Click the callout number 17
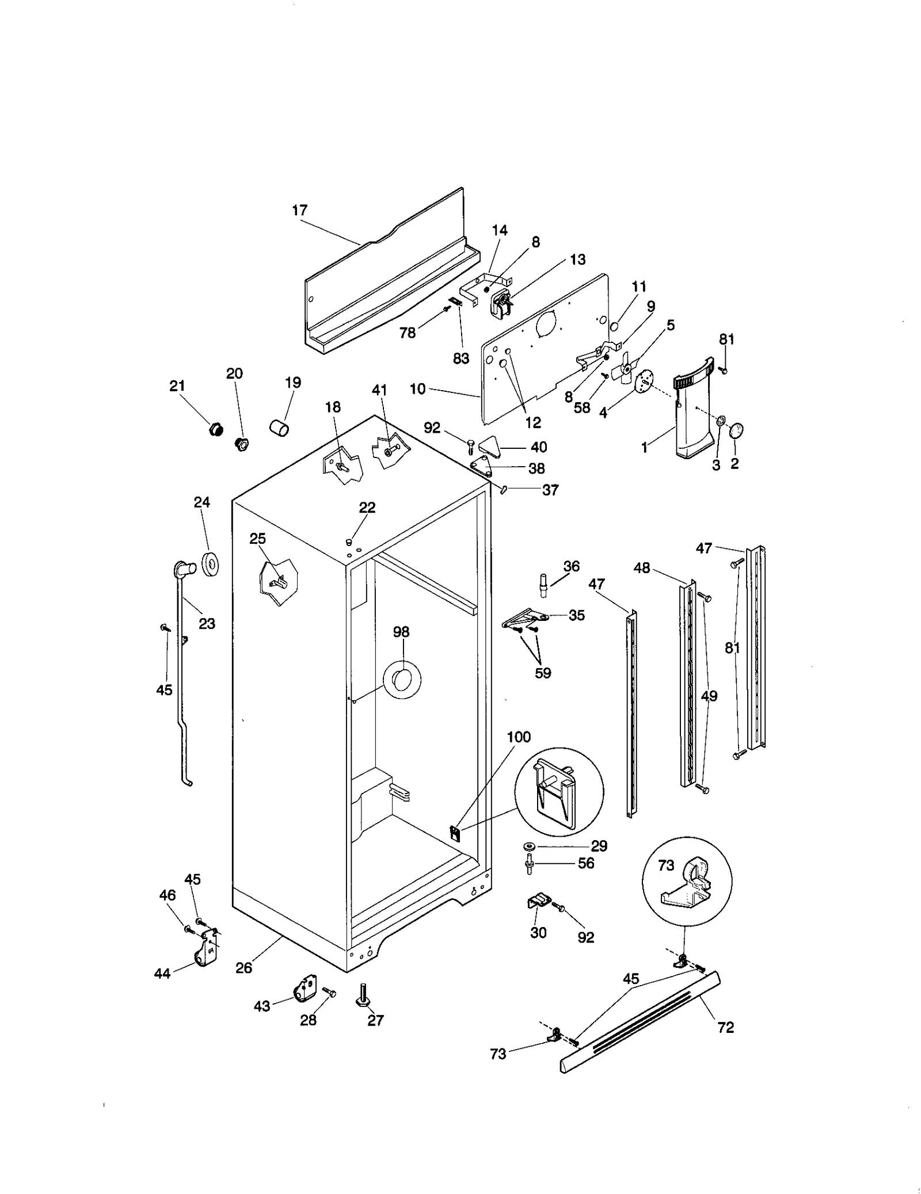click(300, 211)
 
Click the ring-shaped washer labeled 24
click(211, 564)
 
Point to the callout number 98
click(401, 632)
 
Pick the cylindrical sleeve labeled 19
click(280, 428)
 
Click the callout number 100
click(519, 737)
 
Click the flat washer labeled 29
click(528, 846)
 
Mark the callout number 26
click(244, 968)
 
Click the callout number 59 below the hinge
click(543, 673)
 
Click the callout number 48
click(642, 568)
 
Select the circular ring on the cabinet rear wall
click(402, 680)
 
